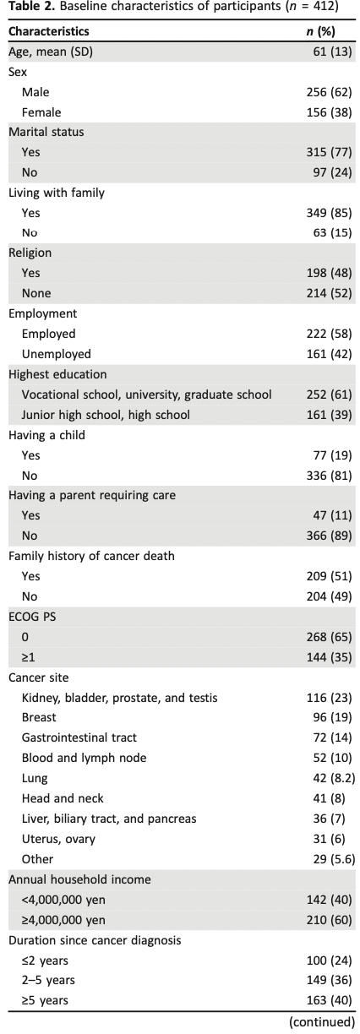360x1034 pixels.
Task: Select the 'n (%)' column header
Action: pos(321,31)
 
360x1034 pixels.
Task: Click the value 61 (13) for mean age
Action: pos(332,52)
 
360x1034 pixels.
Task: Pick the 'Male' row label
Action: pos(35,92)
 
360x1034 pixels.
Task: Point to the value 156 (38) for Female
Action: pos(329,112)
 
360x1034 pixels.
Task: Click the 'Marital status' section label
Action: pos(46,132)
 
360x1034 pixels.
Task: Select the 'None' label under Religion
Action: pos(36,293)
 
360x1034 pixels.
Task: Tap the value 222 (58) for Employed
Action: pos(329,334)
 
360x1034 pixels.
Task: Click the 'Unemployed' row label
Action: pos(57,354)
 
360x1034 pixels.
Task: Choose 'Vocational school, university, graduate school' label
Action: pos(147,395)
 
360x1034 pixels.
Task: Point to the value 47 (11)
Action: pos(332,515)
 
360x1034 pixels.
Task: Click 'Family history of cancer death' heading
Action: pos(91,556)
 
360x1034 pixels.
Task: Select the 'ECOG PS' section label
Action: pos(32,617)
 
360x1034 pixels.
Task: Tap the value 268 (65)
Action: pos(329,637)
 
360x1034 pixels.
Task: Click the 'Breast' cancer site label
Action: pos(39,717)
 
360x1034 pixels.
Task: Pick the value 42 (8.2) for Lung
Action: pos(334,778)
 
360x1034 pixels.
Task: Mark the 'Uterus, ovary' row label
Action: pos(58,839)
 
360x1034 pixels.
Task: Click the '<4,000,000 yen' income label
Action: pos(63,900)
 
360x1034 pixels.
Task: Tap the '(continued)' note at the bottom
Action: pos(322,1022)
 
